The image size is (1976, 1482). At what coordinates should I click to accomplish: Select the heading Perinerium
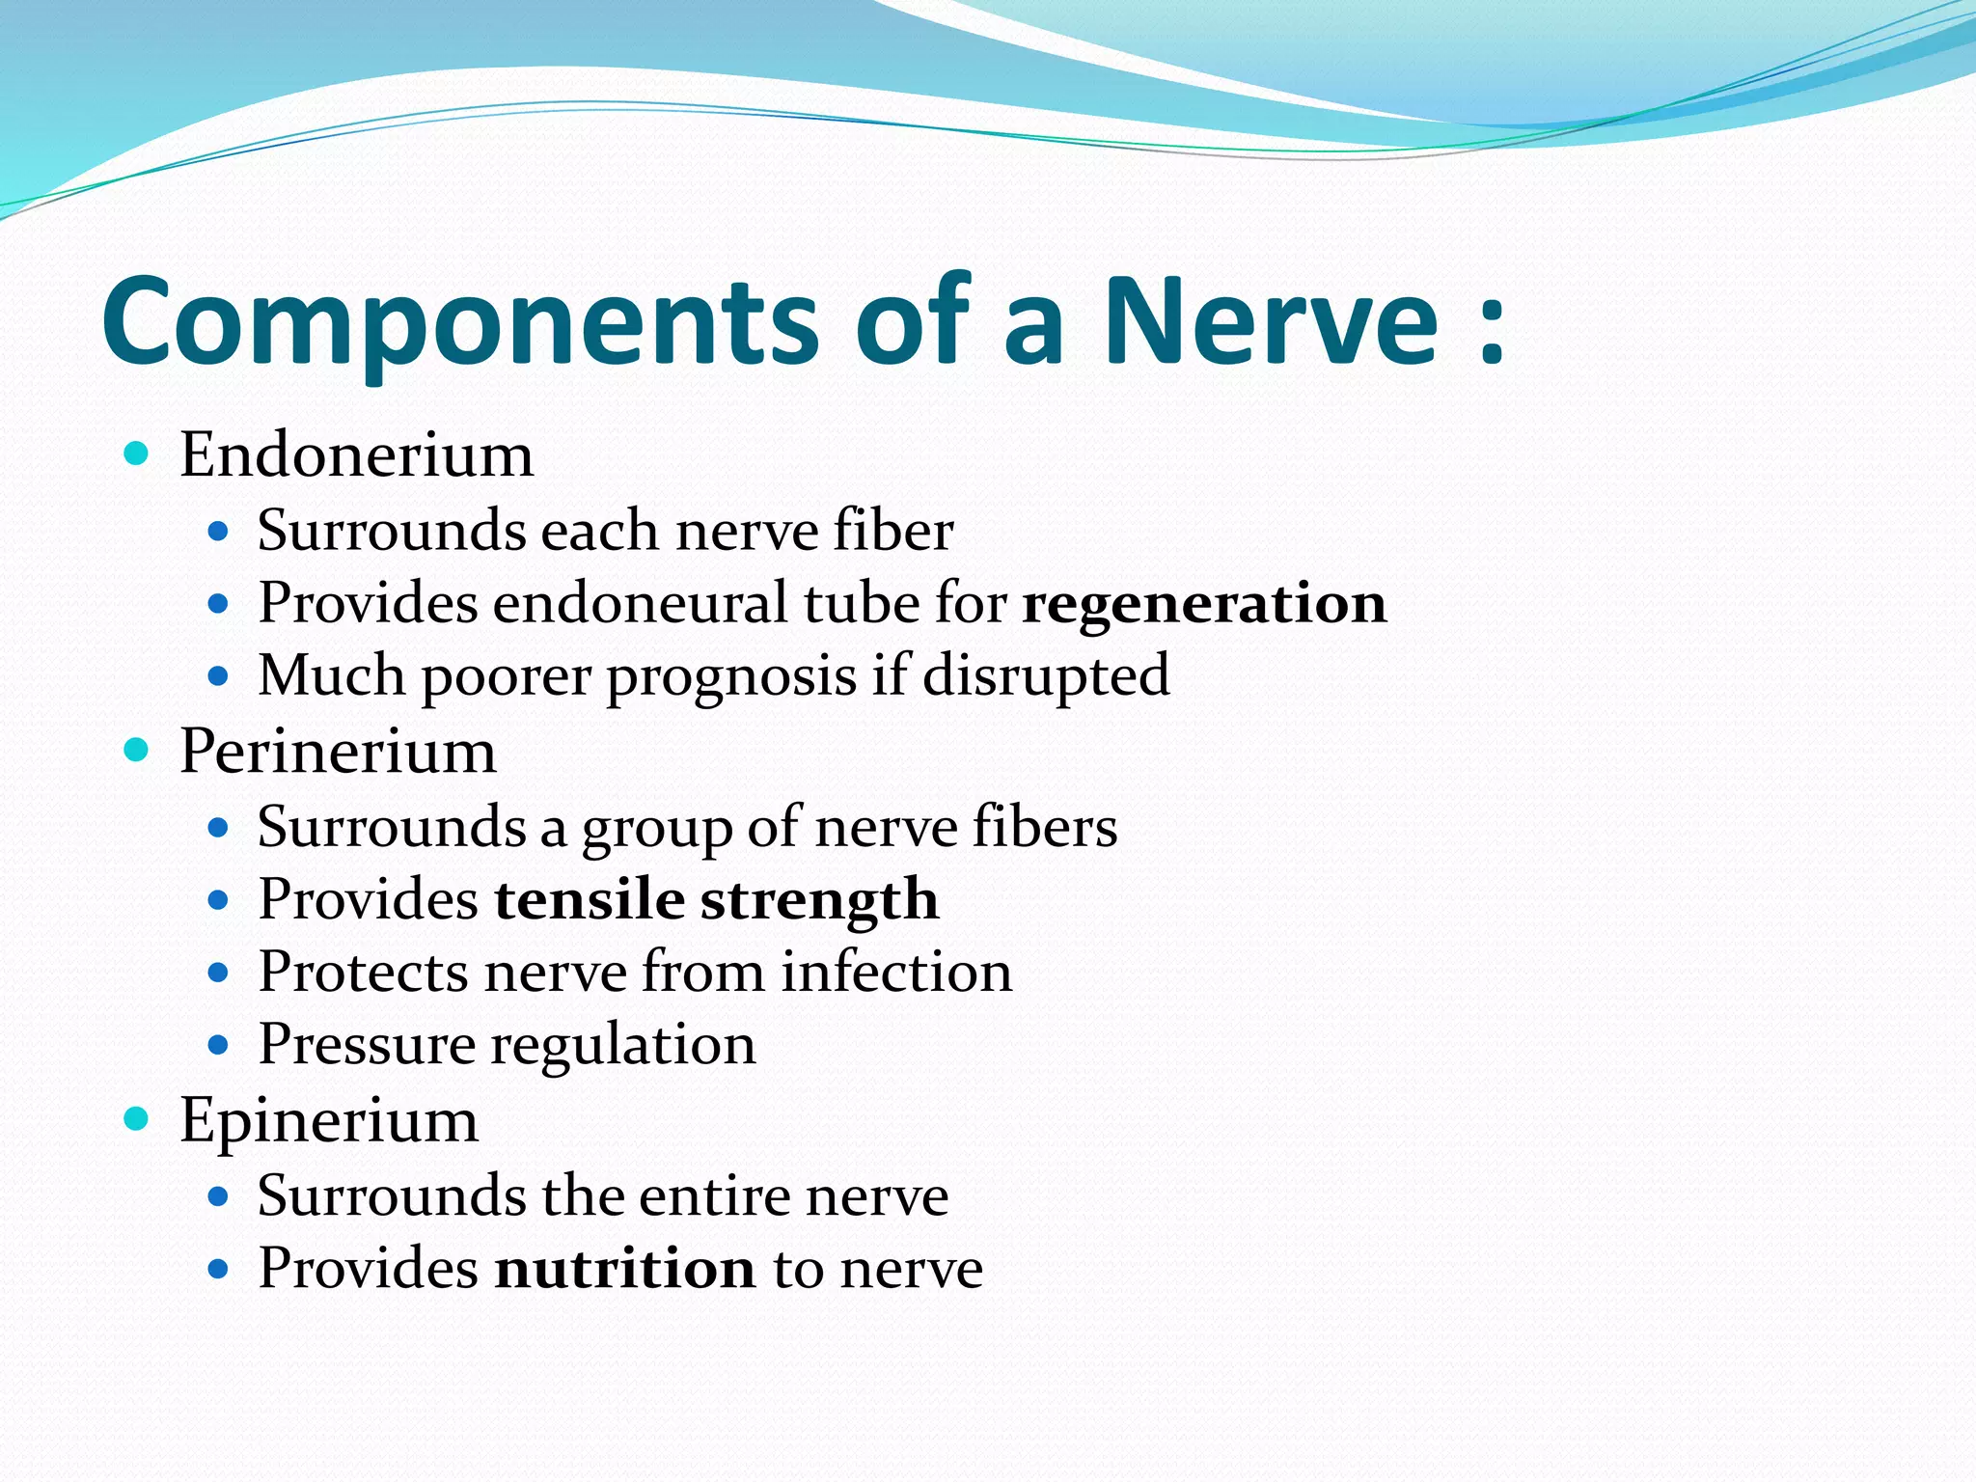[338, 751]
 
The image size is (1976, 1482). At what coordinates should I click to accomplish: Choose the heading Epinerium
[329, 1120]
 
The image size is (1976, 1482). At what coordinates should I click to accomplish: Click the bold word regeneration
[1204, 604]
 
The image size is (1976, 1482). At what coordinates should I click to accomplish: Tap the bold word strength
[819, 901]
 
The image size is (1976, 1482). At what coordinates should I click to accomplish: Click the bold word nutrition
[624, 1269]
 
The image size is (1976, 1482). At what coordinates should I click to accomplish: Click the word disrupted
[1046, 675]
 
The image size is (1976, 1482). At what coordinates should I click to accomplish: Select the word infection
[896, 972]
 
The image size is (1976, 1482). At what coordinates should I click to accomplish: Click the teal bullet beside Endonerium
[137, 453]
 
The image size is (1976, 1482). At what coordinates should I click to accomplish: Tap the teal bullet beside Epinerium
[137, 1118]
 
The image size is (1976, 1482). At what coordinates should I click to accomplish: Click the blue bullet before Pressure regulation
[218, 1044]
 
